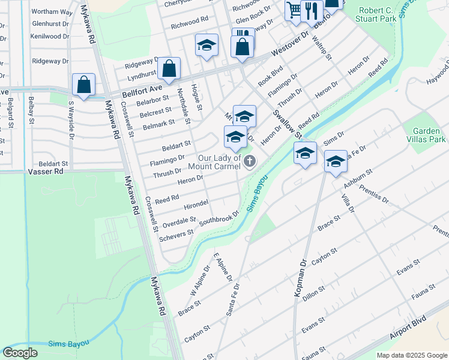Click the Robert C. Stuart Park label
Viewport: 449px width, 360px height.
point(385,15)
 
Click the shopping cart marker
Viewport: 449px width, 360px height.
point(294,11)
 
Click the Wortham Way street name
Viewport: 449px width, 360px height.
point(52,12)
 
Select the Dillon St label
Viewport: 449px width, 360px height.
point(314,293)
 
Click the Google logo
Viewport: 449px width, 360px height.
point(20,353)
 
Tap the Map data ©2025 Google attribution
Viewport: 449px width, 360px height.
point(412,355)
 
